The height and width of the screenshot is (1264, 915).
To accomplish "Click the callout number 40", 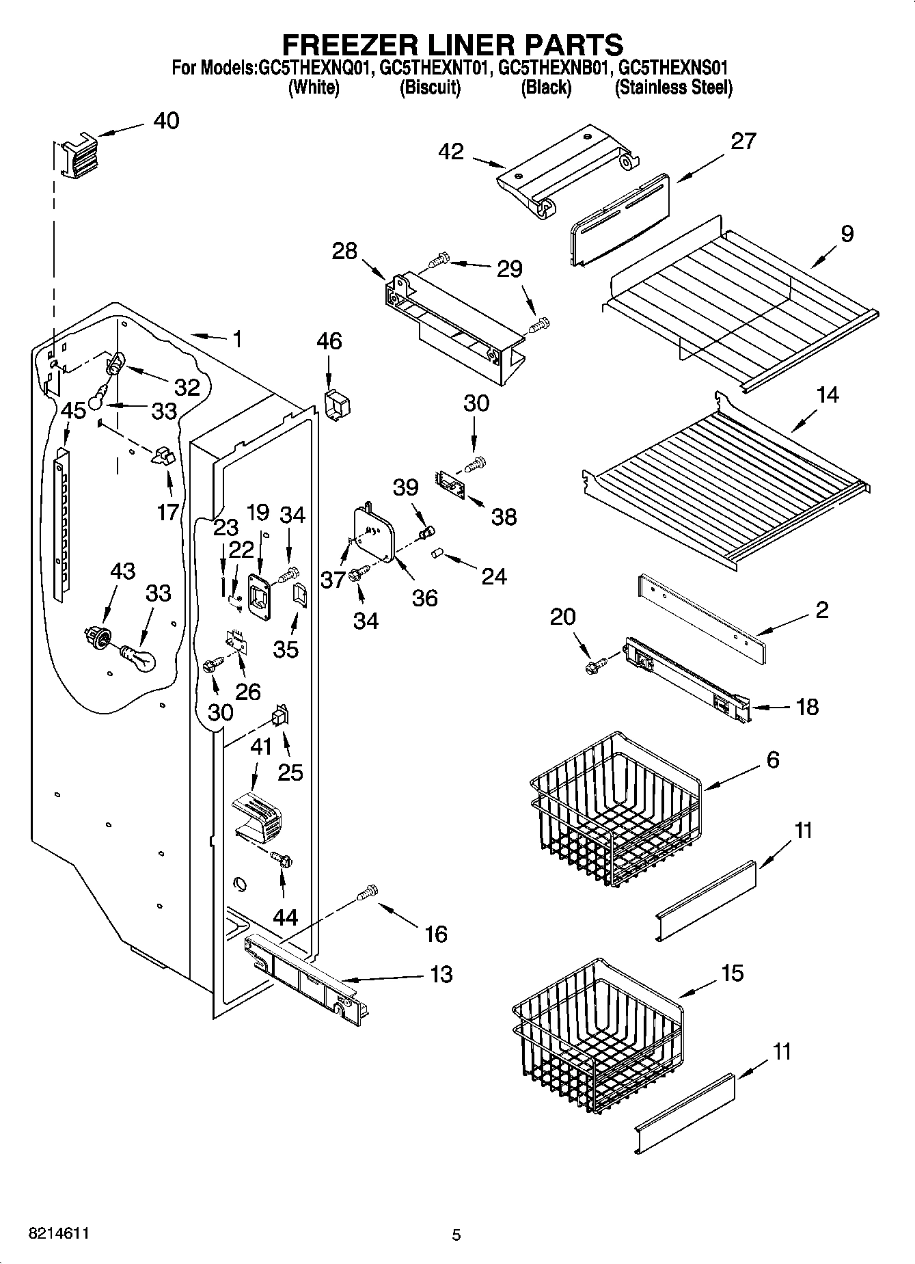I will (166, 121).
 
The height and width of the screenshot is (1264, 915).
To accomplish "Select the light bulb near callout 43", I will (139, 658).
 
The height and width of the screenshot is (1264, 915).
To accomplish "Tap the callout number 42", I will (452, 151).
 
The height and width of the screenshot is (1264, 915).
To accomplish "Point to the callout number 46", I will (329, 341).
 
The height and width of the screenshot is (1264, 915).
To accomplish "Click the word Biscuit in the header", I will (430, 88).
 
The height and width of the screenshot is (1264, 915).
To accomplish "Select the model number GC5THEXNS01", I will (674, 68).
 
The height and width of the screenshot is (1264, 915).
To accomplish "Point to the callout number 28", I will (345, 251).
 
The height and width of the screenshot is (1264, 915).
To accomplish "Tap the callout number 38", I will (504, 516).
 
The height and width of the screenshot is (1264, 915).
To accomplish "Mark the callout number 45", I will (73, 411).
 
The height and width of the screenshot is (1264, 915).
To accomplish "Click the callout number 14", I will (828, 394).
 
